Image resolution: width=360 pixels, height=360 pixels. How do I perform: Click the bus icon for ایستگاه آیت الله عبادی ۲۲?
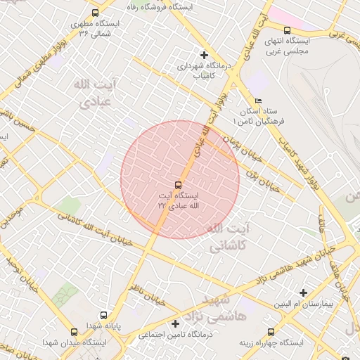point(177,185)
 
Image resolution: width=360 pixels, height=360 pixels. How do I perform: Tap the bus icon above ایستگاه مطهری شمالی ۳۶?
point(96,13)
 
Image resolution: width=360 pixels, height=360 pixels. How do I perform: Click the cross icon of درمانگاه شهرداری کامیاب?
point(205,55)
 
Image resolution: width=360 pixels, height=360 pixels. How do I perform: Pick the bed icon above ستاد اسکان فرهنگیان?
point(259,101)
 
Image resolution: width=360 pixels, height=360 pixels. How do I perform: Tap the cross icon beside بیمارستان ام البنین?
point(304,292)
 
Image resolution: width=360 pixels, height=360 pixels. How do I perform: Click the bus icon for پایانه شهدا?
point(104,316)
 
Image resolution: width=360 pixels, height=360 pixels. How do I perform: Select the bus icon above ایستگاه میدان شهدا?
point(75,332)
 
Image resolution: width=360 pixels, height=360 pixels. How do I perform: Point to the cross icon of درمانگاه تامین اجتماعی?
point(175,324)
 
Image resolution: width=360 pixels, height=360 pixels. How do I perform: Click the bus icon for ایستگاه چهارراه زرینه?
point(270,332)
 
